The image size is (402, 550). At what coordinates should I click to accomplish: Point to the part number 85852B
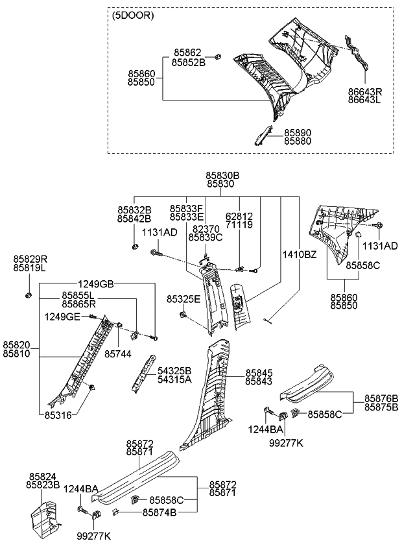click(189, 62)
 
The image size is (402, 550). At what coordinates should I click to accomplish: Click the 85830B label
click(223, 175)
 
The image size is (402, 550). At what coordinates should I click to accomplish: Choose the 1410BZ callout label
click(299, 254)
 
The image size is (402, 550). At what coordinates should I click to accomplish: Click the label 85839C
click(205, 237)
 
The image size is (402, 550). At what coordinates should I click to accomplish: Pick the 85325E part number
click(183, 299)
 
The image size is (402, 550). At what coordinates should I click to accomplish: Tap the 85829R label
click(30, 258)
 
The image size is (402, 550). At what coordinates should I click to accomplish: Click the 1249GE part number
click(62, 316)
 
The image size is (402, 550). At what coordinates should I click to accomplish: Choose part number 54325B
click(175, 370)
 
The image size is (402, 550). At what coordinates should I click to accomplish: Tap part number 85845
click(259, 373)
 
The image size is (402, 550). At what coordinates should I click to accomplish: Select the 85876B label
click(381, 398)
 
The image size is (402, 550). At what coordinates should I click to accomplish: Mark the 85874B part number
click(159, 512)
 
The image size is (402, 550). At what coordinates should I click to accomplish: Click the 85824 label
click(43, 475)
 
